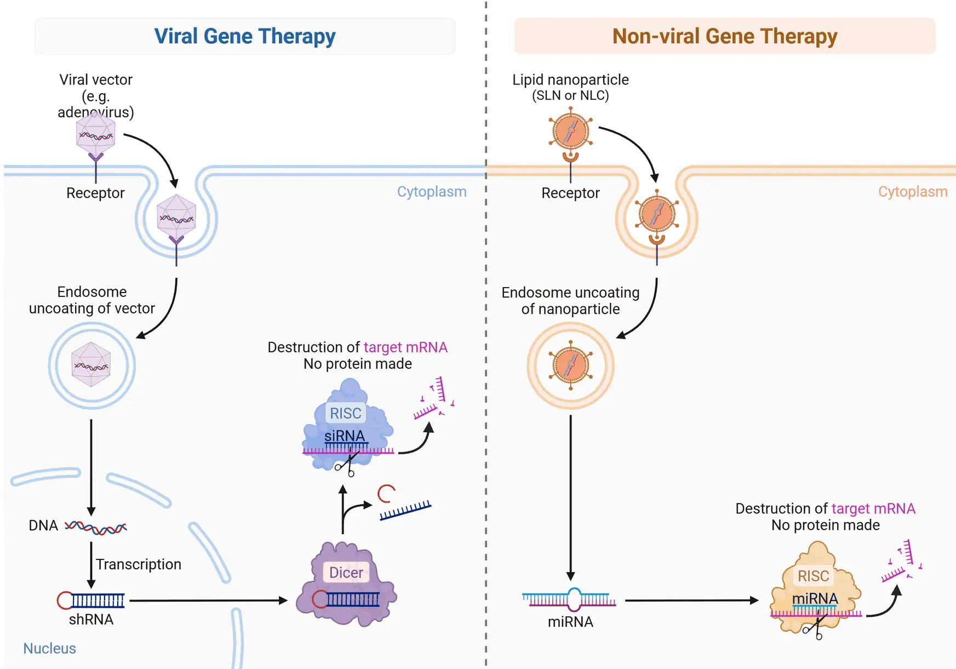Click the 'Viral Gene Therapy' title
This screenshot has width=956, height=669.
point(245,36)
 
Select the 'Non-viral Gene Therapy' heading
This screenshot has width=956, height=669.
point(724,36)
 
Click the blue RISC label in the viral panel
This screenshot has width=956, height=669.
point(345,413)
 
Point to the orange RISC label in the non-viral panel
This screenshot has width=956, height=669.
point(813,576)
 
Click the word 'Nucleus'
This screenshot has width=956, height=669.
point(49,648)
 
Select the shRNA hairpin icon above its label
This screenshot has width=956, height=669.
point(91,601)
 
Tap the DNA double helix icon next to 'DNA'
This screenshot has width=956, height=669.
point(96,528)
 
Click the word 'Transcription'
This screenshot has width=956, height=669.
point(139,564)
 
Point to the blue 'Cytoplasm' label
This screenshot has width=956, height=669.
point(432,192)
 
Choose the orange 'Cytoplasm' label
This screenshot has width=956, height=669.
point(913,192)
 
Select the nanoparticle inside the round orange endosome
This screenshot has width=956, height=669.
point(570,365)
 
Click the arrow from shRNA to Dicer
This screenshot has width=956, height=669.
point(208,601)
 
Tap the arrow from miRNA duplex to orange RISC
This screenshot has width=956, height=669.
point(691,601)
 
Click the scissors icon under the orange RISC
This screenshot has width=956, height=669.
point(814,628)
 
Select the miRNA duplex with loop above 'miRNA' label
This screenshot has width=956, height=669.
point(570,600)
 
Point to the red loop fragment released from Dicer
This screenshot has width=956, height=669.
point(386,494)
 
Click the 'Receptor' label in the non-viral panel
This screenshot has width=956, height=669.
point(570,193)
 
